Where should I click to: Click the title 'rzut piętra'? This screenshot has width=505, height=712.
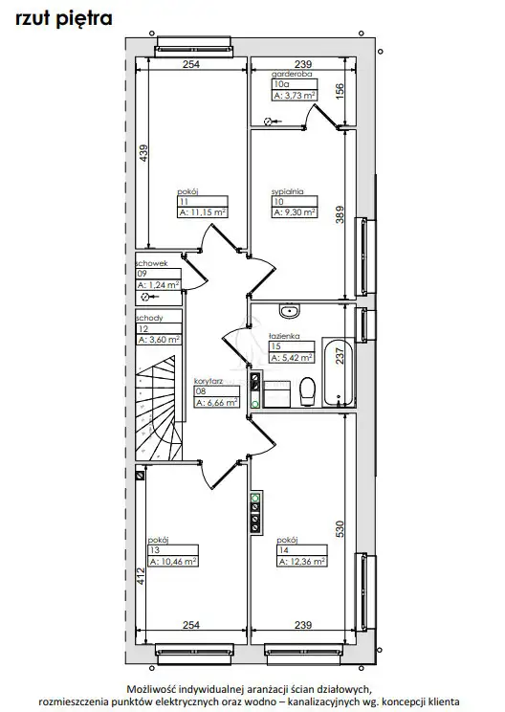[63, 19]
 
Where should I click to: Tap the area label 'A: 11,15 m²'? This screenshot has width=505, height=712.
[203, 212]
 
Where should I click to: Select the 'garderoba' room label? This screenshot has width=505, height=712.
[292, 74]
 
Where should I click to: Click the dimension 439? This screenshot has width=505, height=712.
[143, 153]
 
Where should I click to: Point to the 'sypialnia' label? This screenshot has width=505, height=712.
[287, 191]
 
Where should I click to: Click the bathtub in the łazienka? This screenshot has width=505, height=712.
[338, 372]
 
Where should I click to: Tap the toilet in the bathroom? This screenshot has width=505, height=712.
[308, 391]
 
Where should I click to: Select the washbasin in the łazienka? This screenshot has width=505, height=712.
[289, 311]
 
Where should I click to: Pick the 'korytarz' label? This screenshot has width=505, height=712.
[209, 381]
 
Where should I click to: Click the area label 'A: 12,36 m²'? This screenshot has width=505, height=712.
[301, 562]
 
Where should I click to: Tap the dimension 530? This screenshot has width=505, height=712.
[340, 529]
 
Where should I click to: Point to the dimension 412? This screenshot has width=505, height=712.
[141, 576]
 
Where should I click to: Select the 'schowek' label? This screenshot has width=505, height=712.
[151, 263]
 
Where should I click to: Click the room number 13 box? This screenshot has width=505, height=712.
[173, 550]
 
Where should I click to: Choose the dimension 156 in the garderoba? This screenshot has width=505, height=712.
[340, 91]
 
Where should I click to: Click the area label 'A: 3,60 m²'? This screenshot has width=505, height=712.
[160, 340]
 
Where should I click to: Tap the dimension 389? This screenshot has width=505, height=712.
[340, 214]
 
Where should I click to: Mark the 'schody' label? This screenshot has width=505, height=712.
[149, 318]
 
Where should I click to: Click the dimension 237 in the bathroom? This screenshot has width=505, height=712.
[340, 356]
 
